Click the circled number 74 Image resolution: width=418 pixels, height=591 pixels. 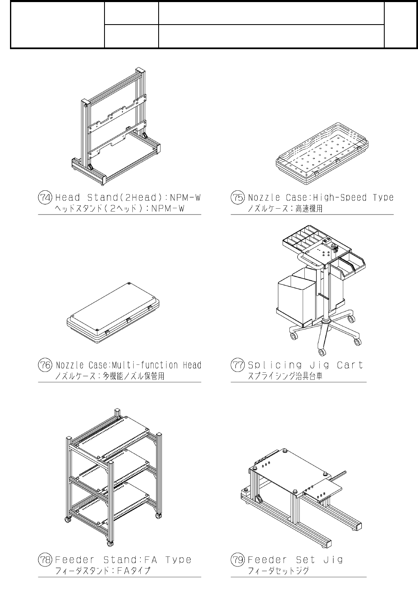[45, 197]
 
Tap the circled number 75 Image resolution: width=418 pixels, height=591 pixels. [238, 197]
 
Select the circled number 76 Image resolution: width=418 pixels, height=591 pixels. [45, 365]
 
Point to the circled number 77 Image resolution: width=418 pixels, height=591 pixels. [238, 365]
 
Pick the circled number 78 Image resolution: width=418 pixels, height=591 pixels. [45, 559]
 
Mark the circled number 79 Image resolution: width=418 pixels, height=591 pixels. [238, 559]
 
